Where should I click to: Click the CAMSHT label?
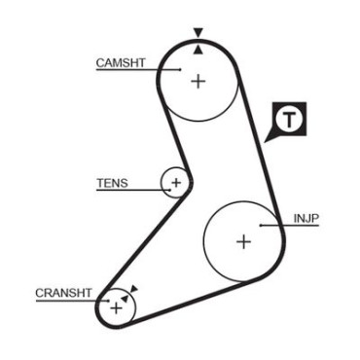pos(121,62)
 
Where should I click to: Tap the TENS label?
pos(112,183)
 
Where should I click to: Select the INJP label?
pos(306,218)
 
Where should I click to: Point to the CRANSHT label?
pos(63,293)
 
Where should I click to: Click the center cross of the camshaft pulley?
pos(198,81)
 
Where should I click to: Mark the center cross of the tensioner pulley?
pos(176,183)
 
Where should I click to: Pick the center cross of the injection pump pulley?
pos(243,241)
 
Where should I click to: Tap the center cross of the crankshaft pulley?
pos(116,307)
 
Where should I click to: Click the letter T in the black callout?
pos(289,120)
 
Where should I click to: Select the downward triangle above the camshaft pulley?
pos(198,32)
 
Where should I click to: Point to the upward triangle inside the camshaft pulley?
pos(198,50)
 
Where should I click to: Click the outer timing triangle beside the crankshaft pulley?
pos(134,289)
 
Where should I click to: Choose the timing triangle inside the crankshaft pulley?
pos(125,298)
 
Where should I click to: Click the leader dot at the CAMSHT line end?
pos(180,69)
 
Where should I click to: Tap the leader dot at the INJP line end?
pos(261,225)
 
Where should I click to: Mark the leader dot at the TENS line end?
pos(169,190)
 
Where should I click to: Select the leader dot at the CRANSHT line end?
pos(108,301)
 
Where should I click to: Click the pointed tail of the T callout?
pos(266,142)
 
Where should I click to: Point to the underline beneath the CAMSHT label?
pos(138,69)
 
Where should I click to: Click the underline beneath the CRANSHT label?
pos(72,301)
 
